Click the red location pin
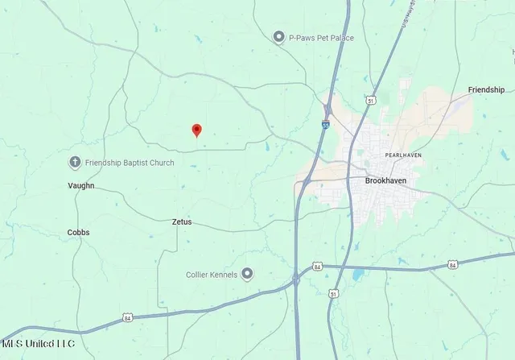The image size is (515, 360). click(x=196, y=130)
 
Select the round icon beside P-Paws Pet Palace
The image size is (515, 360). click(x=278, y=36)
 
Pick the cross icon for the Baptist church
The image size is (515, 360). click(x=75, y=162)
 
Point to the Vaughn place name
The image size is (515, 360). click(x=80, y=185)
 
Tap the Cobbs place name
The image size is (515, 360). click(x=78, y=232)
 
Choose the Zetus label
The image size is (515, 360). click(x=183, y=221)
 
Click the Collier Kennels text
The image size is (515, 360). click(x=212, y=274)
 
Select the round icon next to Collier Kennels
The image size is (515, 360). click(x=247, y=274)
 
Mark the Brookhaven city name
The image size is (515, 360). click(x=385, y=181)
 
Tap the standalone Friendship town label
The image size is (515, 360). click(x=487, y=89)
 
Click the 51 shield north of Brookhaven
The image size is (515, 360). click(x=370, y=101)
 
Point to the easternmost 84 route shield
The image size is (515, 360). click(x=453, y=263)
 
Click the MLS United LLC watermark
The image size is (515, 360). click(x=38, y=344)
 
